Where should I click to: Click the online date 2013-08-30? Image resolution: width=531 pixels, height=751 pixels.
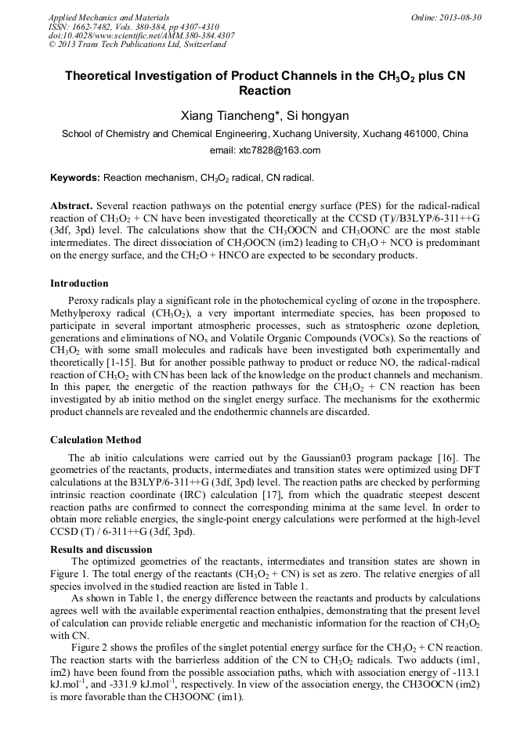[462, 16]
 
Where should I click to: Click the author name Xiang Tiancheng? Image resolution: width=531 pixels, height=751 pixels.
[218, 116]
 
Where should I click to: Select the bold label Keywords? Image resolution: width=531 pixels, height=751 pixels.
[75, 179]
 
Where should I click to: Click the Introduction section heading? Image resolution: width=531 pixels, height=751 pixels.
[79, 283]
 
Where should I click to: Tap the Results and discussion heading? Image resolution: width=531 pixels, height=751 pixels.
[101, 550]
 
